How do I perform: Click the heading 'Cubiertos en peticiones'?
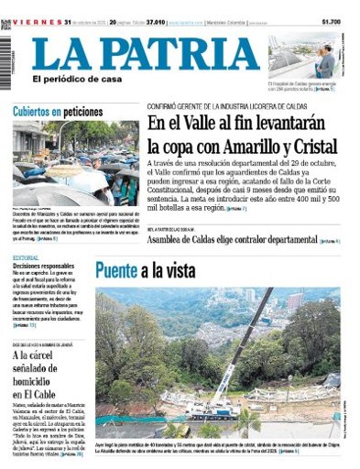tap(57, 112)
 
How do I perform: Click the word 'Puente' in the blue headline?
tap(115, 270)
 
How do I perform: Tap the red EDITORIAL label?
tap(27, 259)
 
